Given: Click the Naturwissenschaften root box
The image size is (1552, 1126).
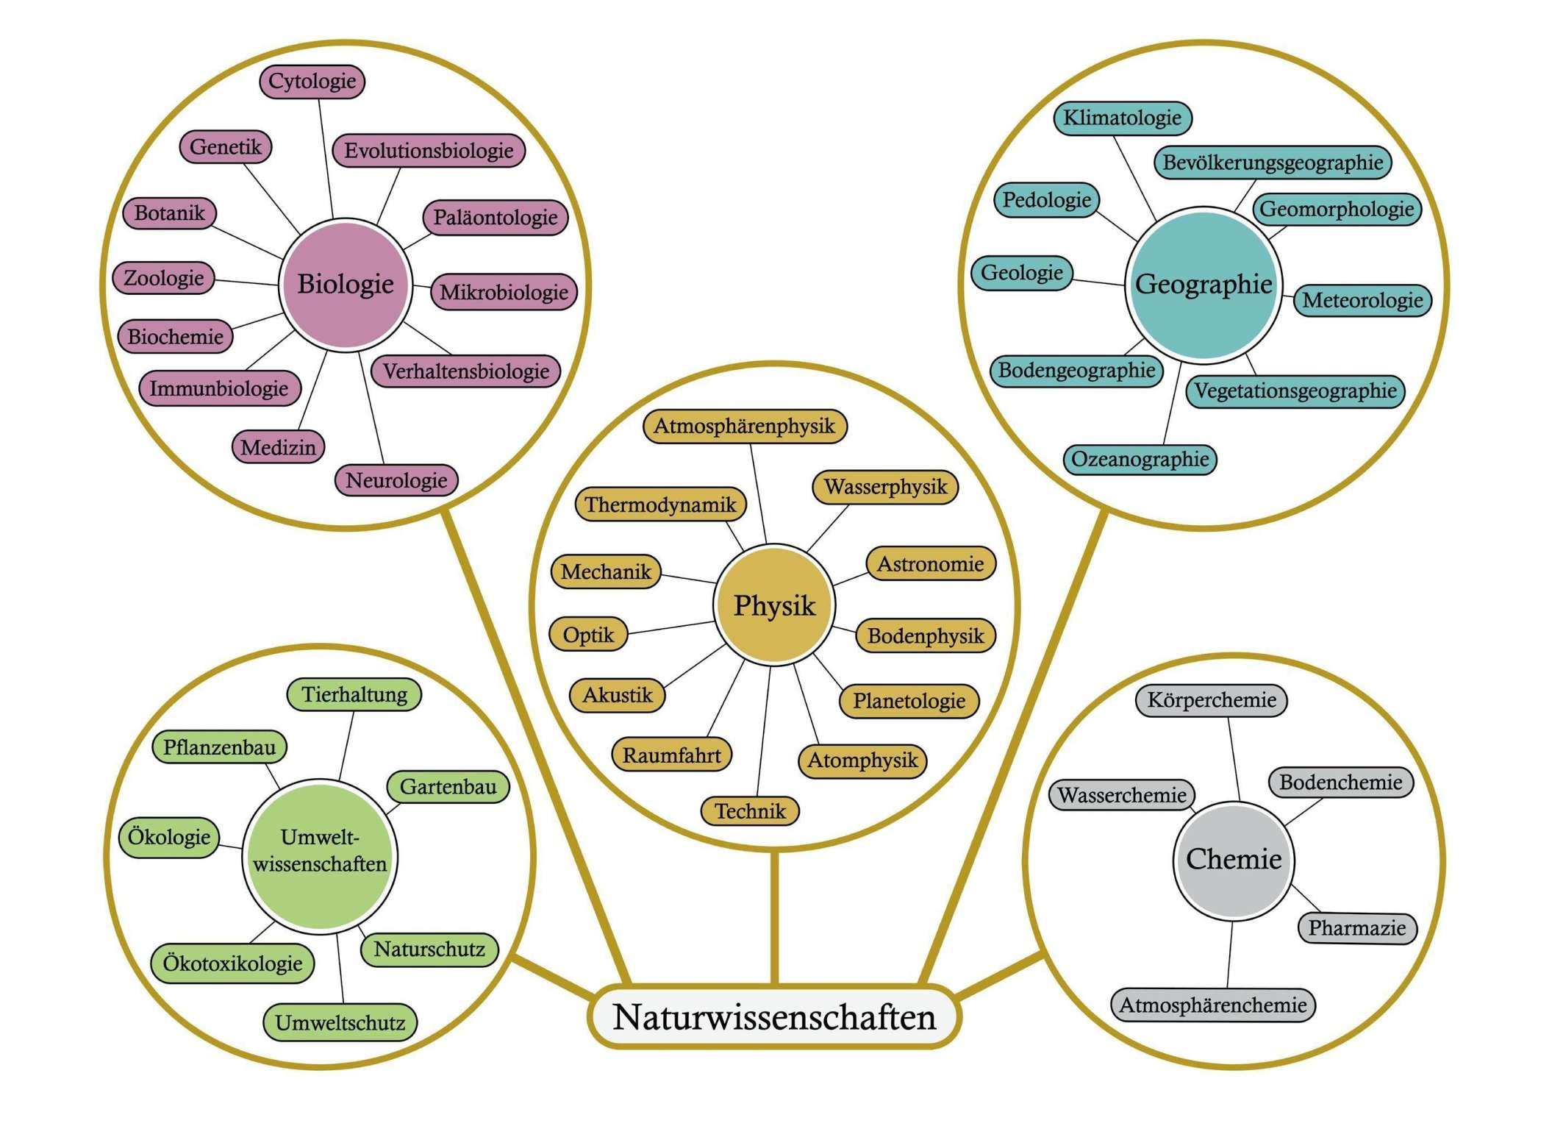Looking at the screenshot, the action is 774,1016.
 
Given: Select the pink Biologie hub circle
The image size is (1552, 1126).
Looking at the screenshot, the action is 346,284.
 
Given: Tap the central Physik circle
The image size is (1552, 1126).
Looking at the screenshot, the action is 774,605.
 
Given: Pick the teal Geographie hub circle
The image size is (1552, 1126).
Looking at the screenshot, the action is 1204,285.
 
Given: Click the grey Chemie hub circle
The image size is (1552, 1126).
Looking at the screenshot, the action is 1234,860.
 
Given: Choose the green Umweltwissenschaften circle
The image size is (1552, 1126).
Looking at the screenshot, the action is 320,856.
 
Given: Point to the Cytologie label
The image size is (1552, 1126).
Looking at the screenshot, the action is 312,81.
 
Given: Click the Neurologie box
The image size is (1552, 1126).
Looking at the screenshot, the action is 396,480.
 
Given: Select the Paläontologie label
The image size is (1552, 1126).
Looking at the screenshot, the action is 496,218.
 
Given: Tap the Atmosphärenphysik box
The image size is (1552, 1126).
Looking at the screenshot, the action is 745,426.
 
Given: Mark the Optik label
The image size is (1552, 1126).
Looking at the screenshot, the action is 588,634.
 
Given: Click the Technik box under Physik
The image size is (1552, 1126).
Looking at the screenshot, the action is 750,810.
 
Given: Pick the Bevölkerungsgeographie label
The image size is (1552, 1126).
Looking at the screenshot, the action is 1273,163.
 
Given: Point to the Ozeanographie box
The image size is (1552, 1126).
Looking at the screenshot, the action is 1140,459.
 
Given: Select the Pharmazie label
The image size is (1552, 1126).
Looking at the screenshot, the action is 1357,927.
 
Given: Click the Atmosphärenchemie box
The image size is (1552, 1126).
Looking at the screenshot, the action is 1213,1005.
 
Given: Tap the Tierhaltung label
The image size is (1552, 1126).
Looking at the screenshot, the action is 354,694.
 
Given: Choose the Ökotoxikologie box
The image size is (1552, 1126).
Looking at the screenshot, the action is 232,963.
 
